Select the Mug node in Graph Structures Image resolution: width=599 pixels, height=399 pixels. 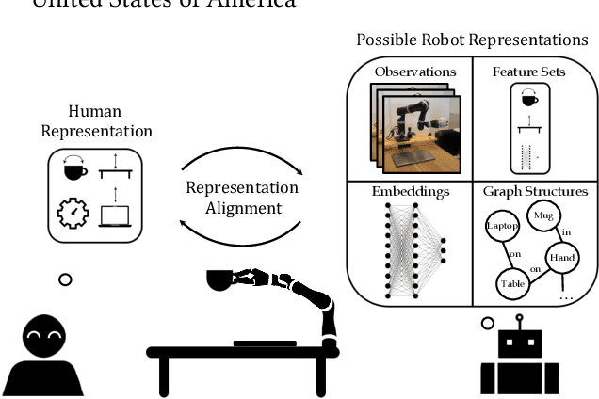point(543,216)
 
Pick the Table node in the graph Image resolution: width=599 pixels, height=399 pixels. point(511,281)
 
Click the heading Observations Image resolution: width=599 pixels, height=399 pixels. point(415,72)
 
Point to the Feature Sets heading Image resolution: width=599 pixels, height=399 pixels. point(528,72)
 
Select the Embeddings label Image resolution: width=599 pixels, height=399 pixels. point(409,192)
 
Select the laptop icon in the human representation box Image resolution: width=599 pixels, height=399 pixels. point(114,215)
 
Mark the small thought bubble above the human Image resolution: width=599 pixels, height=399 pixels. point(64,279)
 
